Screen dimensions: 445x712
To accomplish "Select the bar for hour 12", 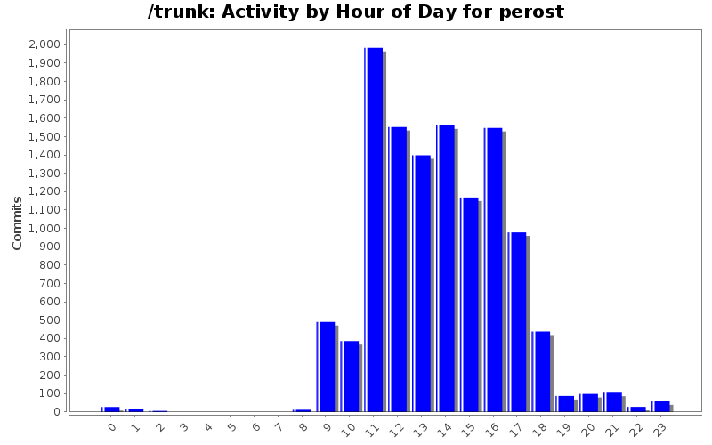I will click(398, 269).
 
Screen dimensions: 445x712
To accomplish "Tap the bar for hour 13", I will click(422, 283).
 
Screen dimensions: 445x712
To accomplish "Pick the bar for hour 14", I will click(446, 268).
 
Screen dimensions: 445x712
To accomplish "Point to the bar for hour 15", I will click(470, 304).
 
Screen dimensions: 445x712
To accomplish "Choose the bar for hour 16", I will click(494, 270).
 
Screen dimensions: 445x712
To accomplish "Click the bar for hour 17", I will click(518, 321).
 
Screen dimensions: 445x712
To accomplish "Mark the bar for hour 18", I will click(542, 371).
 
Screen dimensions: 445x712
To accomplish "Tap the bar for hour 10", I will click(350, 376).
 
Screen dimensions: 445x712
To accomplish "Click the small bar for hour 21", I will click(613, 402).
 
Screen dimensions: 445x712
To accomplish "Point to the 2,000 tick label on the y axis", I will click(44, 44).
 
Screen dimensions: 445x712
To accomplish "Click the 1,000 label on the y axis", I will click(44, 228).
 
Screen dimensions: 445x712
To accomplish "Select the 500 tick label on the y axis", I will click(49, 320).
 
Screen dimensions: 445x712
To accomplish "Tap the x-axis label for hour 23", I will click(660, 427).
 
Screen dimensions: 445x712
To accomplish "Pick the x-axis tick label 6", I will click(255, 427).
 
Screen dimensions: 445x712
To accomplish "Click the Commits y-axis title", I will click(18, 222).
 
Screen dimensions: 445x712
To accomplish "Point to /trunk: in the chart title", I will click(180, 12).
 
